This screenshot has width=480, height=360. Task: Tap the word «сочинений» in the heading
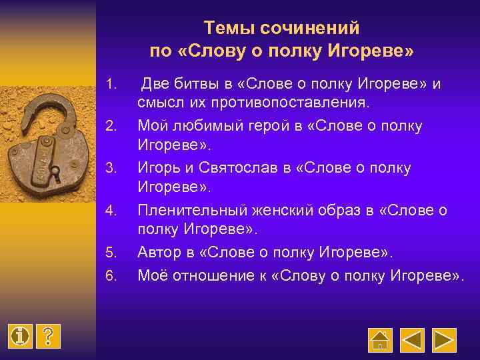coord(307,28)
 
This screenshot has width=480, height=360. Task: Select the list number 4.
coord(112,211)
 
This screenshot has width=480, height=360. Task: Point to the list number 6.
coord(112,275)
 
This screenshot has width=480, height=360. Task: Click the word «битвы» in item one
coord(201,85)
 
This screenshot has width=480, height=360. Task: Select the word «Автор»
coord(157,253)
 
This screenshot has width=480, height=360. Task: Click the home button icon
coord(380,340)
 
